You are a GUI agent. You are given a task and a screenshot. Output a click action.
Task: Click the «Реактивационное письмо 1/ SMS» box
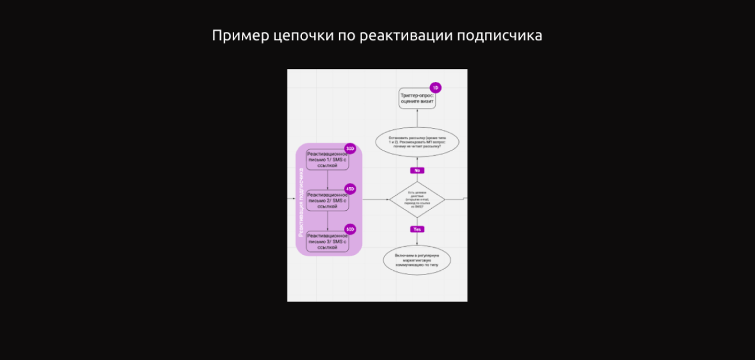(x=327, y=160)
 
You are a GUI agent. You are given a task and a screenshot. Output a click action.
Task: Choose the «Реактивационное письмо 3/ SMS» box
(x=327, y=241)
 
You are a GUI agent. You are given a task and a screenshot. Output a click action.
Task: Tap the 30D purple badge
(x=350, y=149)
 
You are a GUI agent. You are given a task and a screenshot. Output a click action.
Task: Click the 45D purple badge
(x=350, y=189)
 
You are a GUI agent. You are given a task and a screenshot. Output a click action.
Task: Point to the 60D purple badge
(x=350, y=229)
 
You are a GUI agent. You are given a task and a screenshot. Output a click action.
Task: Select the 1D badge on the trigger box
(x=435, y=87)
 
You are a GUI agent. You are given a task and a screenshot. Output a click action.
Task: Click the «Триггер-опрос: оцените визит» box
(x=417, y=98)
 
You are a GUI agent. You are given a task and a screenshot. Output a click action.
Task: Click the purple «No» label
(x=417, y=170)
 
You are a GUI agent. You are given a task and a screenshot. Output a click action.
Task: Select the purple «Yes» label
(x=417, y=229)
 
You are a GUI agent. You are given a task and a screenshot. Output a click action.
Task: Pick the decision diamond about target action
(x=417, y=199)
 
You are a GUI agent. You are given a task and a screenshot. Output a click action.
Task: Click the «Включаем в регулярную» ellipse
(x=417, y=260)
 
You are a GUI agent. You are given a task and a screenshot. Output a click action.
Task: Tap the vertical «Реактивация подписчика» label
(x=301, y=202)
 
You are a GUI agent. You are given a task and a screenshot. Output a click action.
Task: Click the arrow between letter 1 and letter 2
(x=327, y=180)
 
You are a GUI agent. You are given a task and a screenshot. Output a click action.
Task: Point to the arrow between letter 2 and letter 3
(x=327, y=221)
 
